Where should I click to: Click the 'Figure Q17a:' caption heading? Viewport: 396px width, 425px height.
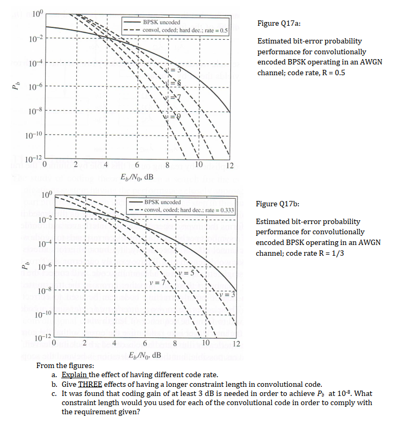[x=279, y=24]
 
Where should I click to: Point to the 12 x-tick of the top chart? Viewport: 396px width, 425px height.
[x=229, y=166]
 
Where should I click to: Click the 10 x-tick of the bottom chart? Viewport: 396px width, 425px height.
[x=207, y=344]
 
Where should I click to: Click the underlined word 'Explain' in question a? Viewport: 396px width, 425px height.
[x=75, y=374]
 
